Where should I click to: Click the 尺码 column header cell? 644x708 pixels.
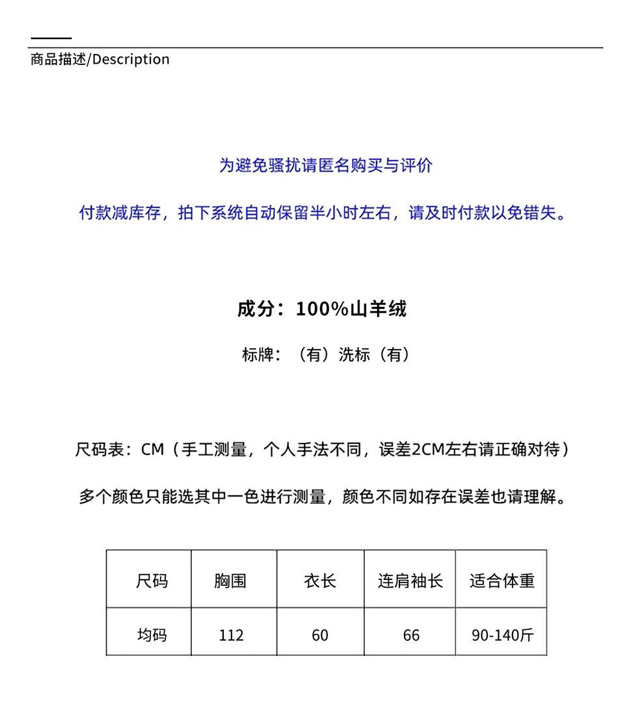coord(152,580)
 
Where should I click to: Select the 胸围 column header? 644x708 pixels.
coord(230,580)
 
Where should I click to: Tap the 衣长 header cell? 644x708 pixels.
coord(320,580)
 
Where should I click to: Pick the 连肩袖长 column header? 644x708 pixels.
coord(410,580)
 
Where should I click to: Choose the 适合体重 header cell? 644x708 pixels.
coord(502,580)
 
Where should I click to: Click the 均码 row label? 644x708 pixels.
coord(152,635)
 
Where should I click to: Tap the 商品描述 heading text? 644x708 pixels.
coord(58,59)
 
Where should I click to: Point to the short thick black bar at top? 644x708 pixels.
coord(51,39)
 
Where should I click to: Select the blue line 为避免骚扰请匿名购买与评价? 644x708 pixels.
coord(325,166)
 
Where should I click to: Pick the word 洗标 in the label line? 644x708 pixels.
coord(354,354)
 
